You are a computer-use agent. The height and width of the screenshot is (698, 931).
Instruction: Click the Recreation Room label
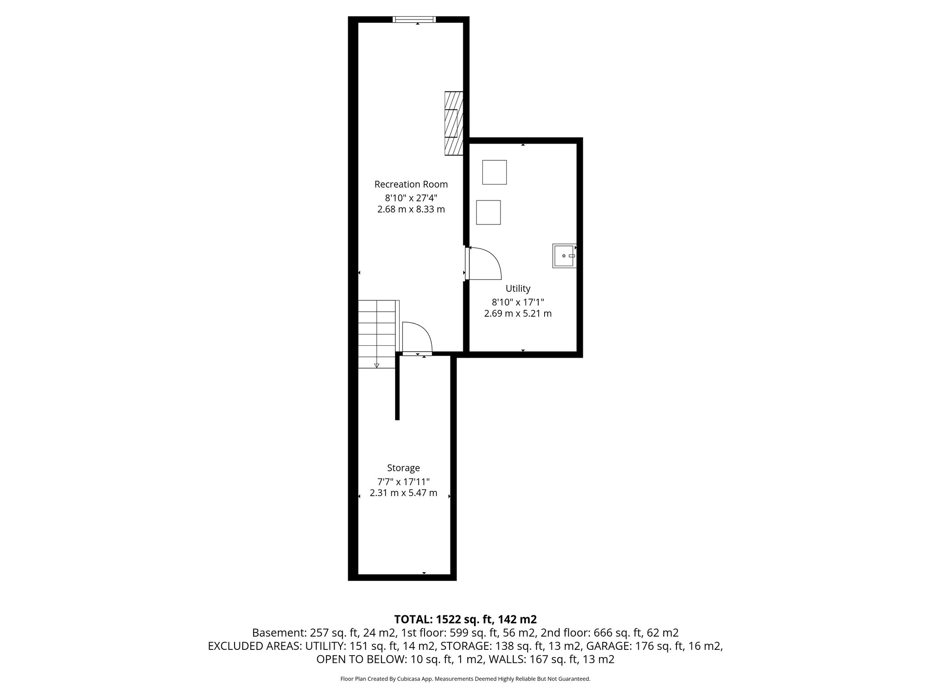(411, 184)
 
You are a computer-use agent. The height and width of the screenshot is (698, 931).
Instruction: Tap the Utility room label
(518, 289)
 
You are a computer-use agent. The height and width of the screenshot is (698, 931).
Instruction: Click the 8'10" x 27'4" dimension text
(411, 198)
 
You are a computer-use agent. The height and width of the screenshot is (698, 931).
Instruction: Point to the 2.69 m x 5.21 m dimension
(518, 314)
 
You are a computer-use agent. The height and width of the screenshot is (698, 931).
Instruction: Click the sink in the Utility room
(565, 256)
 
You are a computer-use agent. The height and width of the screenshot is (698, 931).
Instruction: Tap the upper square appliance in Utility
(494, 172)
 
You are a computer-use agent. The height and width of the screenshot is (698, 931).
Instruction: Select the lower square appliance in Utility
(488, 212)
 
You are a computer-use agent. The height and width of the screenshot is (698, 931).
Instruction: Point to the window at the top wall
(414, 20)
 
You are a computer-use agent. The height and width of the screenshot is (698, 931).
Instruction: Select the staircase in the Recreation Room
(377, 334)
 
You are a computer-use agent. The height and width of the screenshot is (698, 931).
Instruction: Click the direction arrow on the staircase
(376, 365)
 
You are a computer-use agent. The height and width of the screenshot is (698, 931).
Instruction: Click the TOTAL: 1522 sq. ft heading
(465, 619)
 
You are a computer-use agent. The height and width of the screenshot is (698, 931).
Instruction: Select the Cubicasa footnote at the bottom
(465, 679)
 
